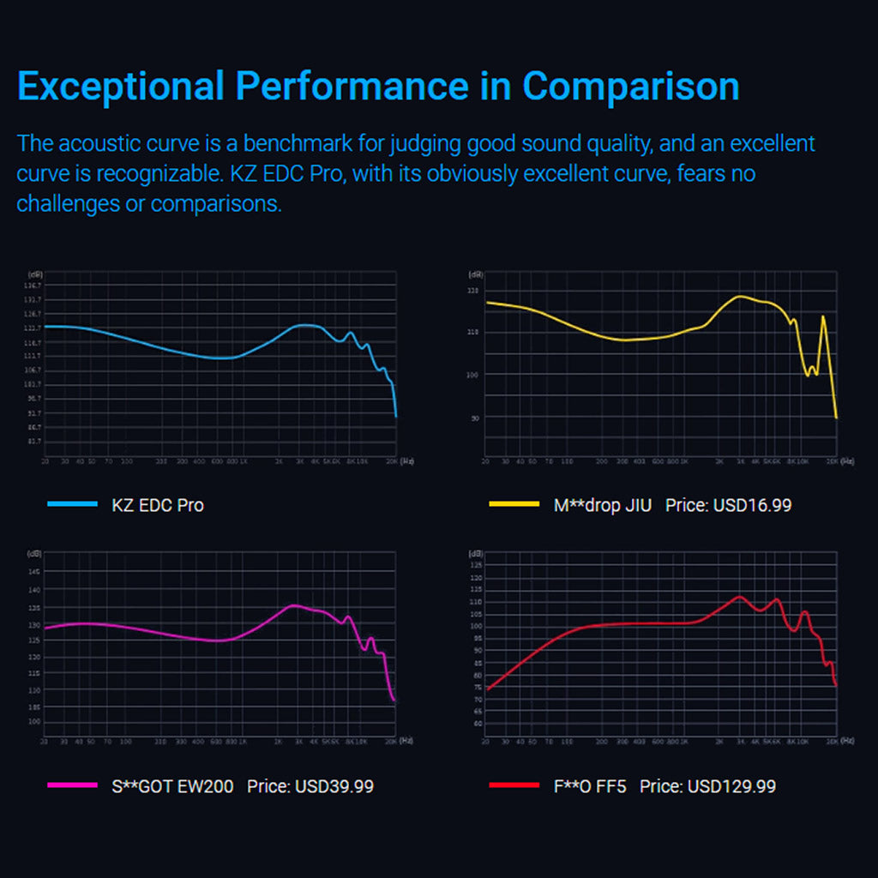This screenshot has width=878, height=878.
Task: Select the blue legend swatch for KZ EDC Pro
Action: click(x=72, y=505)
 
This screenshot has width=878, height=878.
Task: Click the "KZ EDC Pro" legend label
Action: click(x=158, y=505)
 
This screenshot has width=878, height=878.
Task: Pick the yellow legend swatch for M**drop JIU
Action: click(x=514, y=504)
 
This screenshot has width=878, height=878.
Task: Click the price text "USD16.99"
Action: click(x=751, y=505)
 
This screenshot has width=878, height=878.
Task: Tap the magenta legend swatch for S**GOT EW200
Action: click(x=72, y=785)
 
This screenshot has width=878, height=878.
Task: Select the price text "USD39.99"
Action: click(x=334, y=785)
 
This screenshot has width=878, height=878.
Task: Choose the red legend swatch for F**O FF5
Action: click(x=514, y=785)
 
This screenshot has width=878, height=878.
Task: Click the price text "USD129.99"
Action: click(x=731, y=785)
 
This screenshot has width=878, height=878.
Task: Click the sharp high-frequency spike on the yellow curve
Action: click(x=823, y=317)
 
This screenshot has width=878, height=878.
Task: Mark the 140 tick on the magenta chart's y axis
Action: click(x=34, y=590)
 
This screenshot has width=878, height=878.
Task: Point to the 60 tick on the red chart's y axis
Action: click(x=477, y=723)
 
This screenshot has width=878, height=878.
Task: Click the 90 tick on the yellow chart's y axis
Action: click(x=473, y=418)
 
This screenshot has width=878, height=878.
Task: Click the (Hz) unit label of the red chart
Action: click(x=847, y=740)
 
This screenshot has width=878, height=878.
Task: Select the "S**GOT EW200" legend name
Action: click(x=172, y=785)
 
